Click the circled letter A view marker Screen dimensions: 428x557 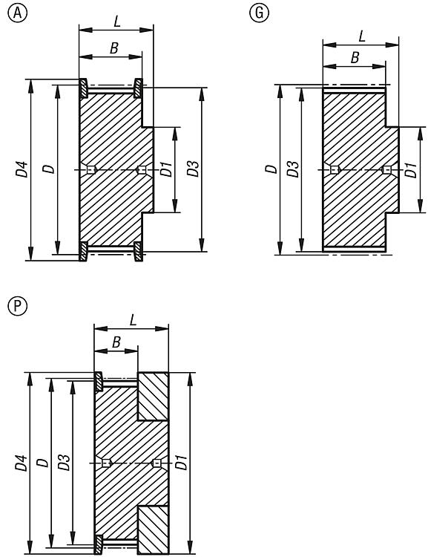point(17,13)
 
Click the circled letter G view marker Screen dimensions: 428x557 point(259,13)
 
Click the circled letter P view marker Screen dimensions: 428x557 point(17,306)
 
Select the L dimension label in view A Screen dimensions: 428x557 point(117,22)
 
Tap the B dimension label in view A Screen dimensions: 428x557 point(113,48)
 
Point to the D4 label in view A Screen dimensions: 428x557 point(22,169)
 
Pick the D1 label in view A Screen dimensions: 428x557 point(166,169)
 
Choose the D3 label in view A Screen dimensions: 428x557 point(193,169)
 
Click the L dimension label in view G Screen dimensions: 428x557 point(362,36)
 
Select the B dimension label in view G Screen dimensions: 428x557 point(355,57)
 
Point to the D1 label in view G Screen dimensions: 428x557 point(411,170)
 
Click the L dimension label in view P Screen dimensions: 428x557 point(133,319)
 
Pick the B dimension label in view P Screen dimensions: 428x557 point(116,342)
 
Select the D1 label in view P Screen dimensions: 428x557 point(181,462)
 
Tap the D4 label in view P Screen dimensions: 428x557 point(22,463)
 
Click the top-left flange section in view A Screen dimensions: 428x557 point(83,88)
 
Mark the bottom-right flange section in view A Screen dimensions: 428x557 point(139,252)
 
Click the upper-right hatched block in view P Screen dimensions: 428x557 point(153,397)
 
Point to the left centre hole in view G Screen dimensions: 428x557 point(335,170)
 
